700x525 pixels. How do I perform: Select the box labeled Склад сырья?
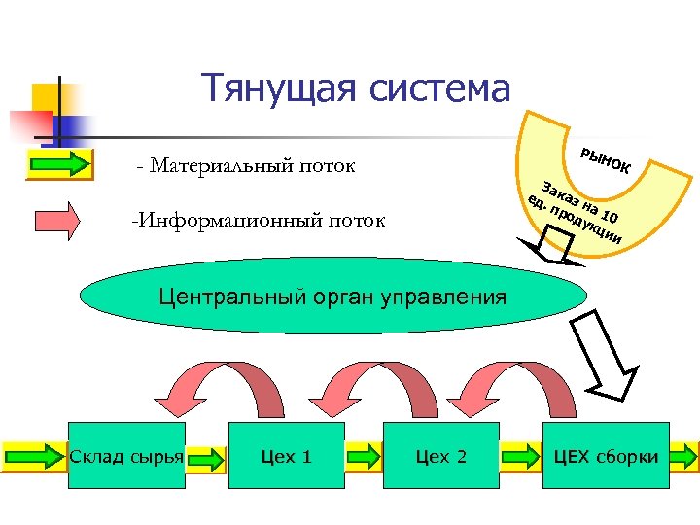(127, 456)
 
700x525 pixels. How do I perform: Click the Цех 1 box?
(287, 456)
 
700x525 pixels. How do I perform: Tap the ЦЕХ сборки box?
(606, 456)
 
